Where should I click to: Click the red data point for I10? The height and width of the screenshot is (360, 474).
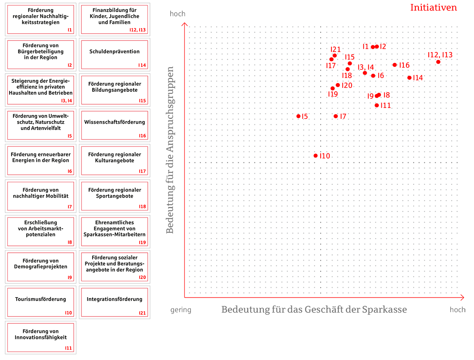[x=315, y=155]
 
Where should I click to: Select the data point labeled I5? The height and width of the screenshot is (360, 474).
[x=298, y=116]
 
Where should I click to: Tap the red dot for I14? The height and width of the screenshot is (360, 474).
[x=409, y=78]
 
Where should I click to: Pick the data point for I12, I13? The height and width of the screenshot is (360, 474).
[x=438, y=62]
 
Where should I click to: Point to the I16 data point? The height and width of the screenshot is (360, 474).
[x=395, y=65]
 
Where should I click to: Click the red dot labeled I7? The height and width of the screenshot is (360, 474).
[x=336, y=116]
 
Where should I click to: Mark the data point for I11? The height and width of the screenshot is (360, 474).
[x=377, y=105]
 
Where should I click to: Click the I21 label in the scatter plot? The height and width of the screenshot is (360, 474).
[x=336, y=50]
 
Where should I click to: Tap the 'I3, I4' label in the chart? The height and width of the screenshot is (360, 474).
[x=366, y=67]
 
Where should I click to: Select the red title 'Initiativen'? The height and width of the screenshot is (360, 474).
[x=433, y=8]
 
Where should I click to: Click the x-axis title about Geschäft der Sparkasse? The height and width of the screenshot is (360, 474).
[x=314, y=310]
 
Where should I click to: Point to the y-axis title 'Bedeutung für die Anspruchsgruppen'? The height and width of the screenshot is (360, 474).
[x=170, y=150]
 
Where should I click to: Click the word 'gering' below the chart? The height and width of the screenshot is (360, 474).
[x=181, y=310]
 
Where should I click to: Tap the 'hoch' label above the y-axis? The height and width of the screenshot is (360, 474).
[x=178, y=14]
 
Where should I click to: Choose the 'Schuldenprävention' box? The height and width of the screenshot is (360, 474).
[x=114, y=54]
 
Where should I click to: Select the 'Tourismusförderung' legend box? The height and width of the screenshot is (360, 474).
[x=41, y=302]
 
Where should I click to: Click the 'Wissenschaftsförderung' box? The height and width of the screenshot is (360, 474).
[x=114, y=125]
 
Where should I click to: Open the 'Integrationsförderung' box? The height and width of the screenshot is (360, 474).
[x=114, y=302]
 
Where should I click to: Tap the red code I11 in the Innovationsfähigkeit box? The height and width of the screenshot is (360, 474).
[x=69, y=348]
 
